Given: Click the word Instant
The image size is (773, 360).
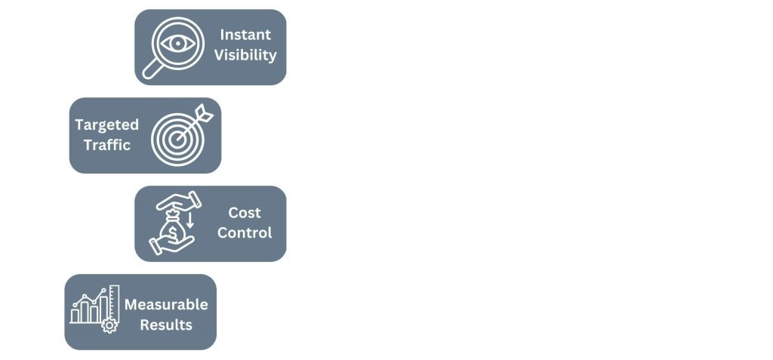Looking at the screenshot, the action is (x=245, y=35).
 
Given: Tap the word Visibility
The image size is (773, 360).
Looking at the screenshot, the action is (x=245, y=55).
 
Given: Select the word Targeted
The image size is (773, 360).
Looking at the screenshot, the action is (x=107, y=125).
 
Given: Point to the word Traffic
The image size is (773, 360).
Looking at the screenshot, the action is (x=107, y=145).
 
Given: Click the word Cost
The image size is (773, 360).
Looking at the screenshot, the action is (x=245, y=213).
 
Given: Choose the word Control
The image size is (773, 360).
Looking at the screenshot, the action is (x=245, y=232).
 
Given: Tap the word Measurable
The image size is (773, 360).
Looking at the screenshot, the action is (x=166, y=304).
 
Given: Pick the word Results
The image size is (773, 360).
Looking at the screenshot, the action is (x=166, y=325).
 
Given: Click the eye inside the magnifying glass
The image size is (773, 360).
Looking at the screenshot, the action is (x=177, y=44).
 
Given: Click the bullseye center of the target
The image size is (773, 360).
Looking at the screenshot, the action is (x=177, y=140).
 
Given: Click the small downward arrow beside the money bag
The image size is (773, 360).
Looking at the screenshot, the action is (x=190, y=220).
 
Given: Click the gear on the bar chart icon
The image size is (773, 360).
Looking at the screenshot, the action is (x=109, y=325).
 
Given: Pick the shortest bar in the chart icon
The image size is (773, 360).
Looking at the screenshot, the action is (x=75, y=315).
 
